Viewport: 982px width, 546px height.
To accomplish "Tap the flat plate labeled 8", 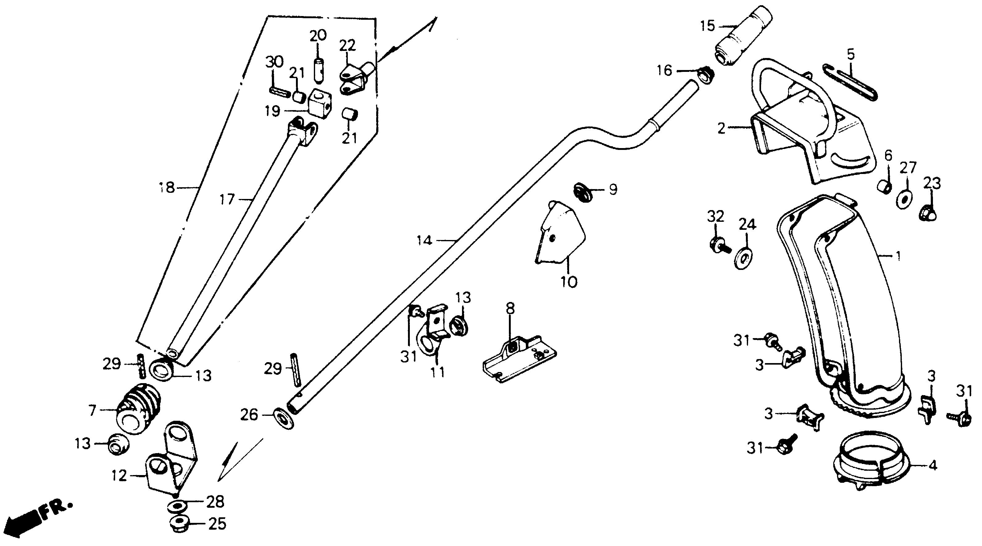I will pos(518,358).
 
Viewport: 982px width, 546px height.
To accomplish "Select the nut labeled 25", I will pos(178,523).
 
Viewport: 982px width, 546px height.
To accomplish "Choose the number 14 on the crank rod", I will pos(424,240).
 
